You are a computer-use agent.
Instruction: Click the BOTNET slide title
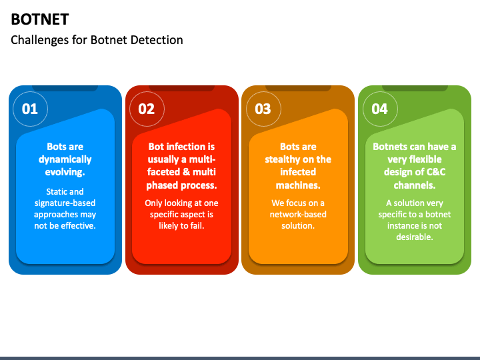click(40, 19)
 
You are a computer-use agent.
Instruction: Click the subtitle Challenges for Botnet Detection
click(97, 40)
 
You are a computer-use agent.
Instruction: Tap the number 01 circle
click(30, 109)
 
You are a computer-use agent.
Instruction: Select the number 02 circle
click(147, 109)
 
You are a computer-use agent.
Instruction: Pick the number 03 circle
click(263, 109)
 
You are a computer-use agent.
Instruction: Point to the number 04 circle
click(379, 109)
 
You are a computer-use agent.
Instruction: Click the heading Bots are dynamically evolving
click(65, 159)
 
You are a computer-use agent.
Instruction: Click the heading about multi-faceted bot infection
click(181, 165)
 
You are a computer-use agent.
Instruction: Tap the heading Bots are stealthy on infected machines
click(298, 165)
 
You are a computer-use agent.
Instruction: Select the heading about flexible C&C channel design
click(415, 165)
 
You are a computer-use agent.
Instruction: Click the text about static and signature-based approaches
click(65, 209)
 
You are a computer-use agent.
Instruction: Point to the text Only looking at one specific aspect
click(181, 214)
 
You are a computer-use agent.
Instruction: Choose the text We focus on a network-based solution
click(298, 214)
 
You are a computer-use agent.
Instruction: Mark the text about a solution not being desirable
click(415, 220)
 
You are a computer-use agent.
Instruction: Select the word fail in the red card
click(195, 225)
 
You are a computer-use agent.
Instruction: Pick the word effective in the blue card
click(77, 225)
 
